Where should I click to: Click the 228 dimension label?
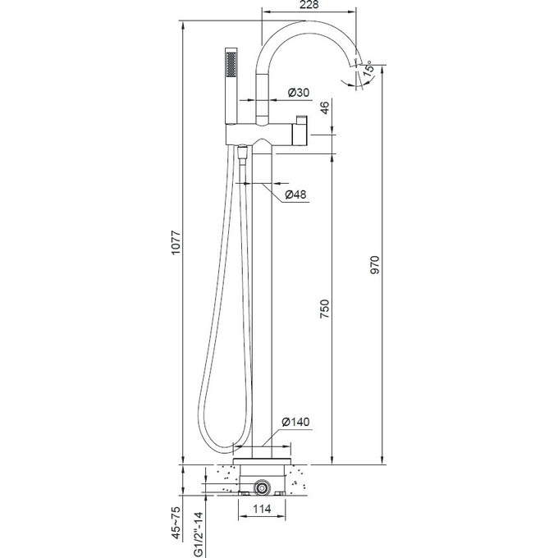click(309, 5)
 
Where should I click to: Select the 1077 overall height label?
click(176, 243)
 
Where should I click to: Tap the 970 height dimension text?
click(375, 265)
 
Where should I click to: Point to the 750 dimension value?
click(325, 309)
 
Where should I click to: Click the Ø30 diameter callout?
click(299, 93)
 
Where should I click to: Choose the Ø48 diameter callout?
click(295, 194)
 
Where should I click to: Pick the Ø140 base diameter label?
click(295, 422)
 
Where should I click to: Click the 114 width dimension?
click(262, 509)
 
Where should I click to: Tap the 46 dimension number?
click(325, 107)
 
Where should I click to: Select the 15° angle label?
click(368, 67)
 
